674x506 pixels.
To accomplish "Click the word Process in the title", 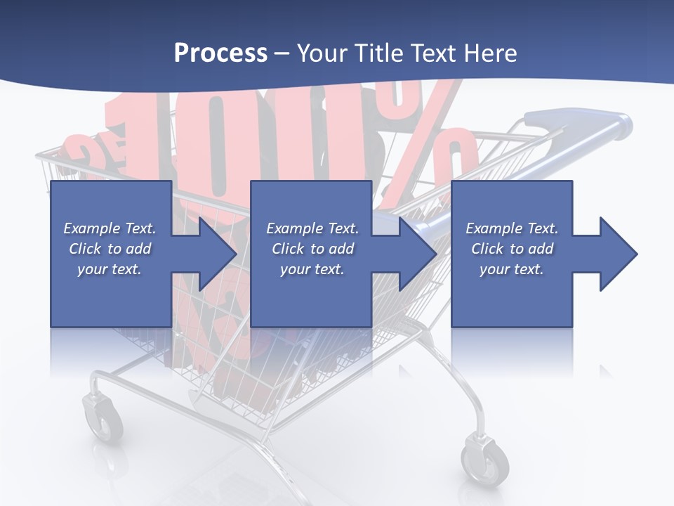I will tap(220, 53).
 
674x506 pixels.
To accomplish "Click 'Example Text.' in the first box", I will tap(110, 228).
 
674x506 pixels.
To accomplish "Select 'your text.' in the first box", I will tap(110, 269).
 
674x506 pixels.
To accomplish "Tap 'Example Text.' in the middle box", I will tap(312, 228).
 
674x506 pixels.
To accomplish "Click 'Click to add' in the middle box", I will tap(312, 249).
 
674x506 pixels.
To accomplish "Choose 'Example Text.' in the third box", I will tap(512, 228).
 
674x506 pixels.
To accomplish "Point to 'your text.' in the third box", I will tap(512, 269).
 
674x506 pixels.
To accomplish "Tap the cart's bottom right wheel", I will tap(484, 461).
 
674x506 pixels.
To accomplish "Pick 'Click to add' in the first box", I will tap(110, 249).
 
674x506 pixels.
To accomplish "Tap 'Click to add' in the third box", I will tap(512, 249).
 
